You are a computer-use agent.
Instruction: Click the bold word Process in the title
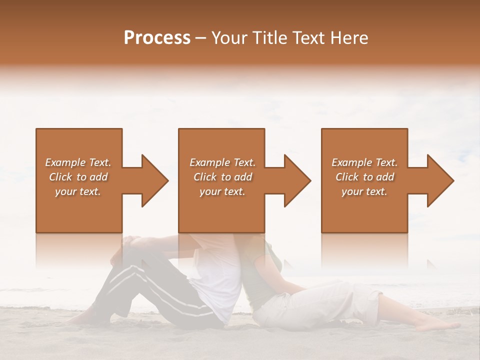(x=157, y=38)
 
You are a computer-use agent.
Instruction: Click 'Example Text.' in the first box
(x=78, y=162)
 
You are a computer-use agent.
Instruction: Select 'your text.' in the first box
(x=78, y=191)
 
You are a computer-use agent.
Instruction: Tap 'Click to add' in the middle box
(x=222, y=177)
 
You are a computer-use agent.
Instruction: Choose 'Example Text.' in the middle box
(x=222, y=162)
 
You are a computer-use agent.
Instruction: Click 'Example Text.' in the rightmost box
(x=364, y=162)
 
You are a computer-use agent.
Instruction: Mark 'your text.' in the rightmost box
(x=364, y=191)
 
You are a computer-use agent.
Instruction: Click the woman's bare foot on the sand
(x=437, y=325)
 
